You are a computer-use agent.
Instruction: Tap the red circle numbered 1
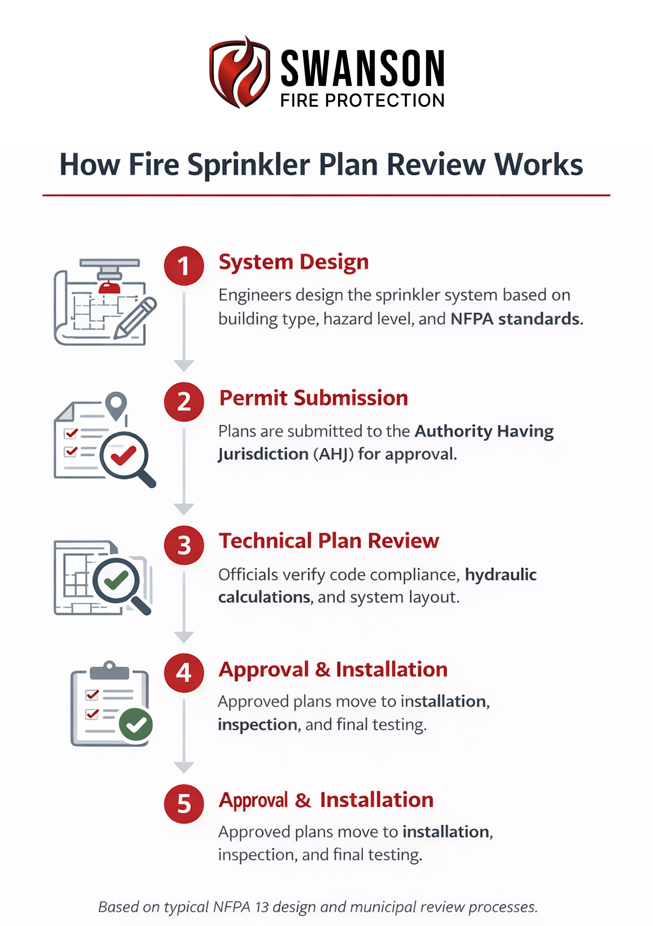[x=184, y=266]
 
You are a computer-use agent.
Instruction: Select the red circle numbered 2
[x=184, y=402]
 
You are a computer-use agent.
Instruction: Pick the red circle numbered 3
[x=184, y=545]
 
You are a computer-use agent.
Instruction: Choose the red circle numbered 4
[x=184, y=673]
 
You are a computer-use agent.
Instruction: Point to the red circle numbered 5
[x=184, y=804]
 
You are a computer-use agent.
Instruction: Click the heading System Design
[x=294, y=262]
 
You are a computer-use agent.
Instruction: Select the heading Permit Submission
[x=313, y=398]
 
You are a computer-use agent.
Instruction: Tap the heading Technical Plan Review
[x=329, y=541]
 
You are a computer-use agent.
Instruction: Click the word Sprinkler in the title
[x=249, y=165]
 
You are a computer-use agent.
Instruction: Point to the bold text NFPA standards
[x=515, y=319]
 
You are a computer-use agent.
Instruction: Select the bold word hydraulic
[x=501, y=575]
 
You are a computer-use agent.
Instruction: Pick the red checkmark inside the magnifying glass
[x=123, y=456]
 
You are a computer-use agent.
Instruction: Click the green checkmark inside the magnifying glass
[x=116, y=581]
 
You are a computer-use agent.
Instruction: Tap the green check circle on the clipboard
[x=136, y=724]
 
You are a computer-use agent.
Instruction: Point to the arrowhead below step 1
[x=184, y=365]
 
